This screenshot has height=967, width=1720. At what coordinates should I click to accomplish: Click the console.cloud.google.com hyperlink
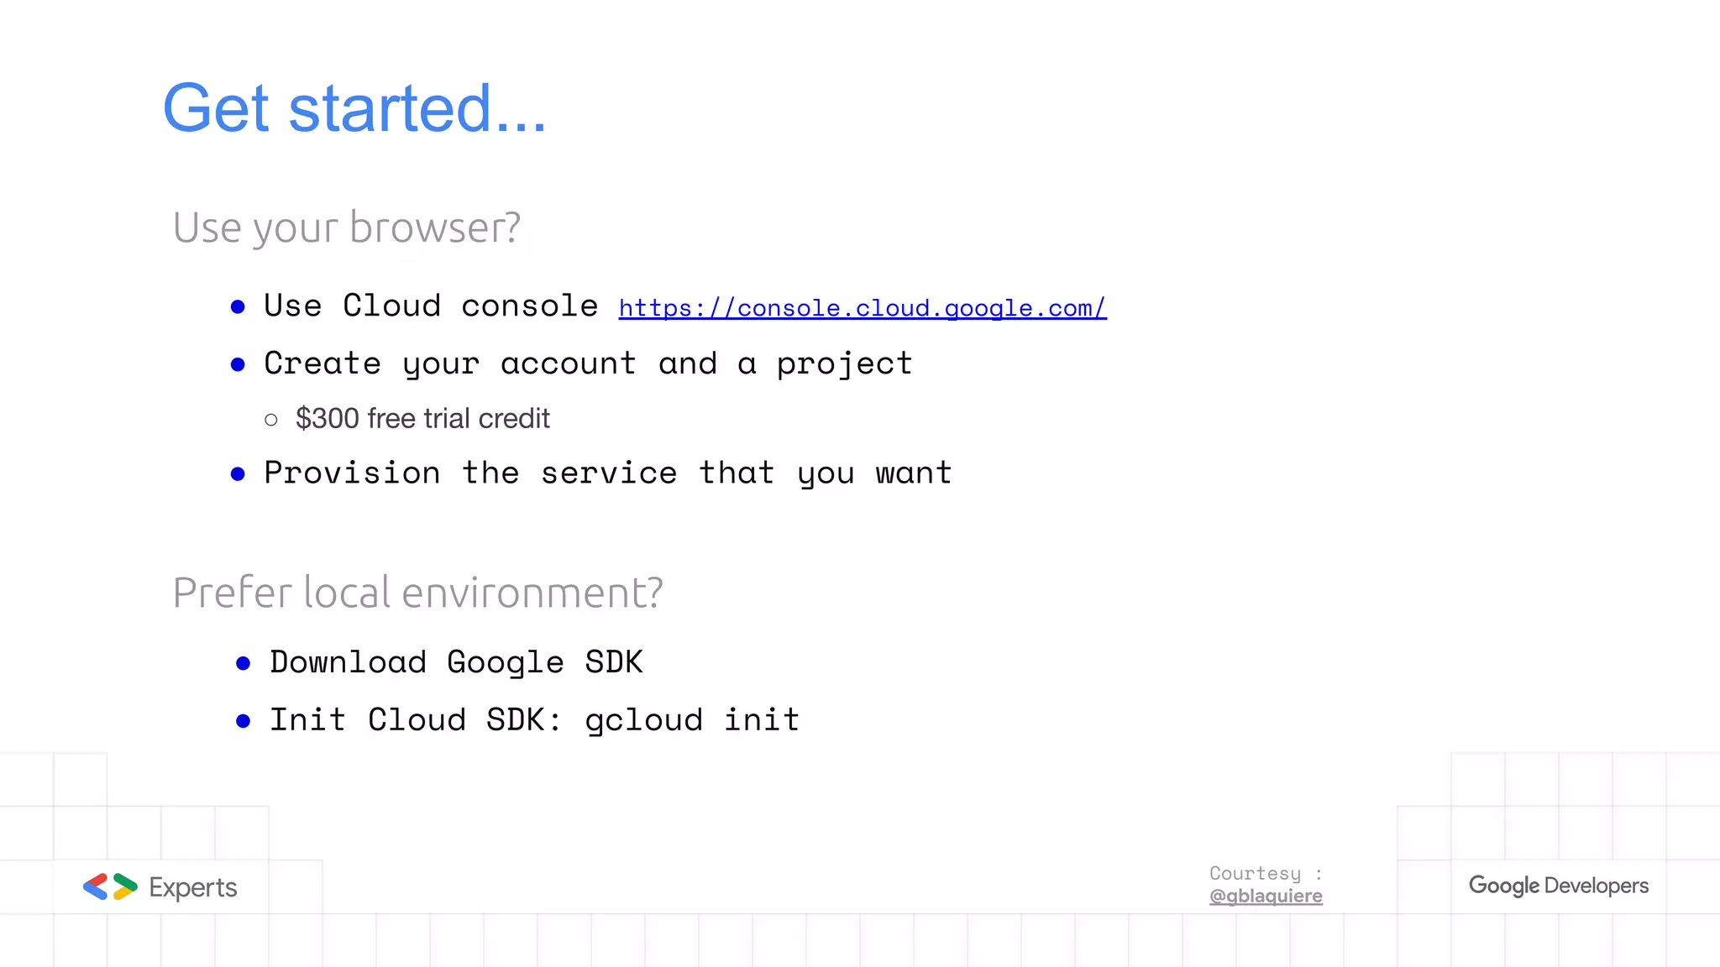click(x=862, y=308)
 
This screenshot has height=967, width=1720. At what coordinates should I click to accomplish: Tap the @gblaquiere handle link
click(x=1266, y=896)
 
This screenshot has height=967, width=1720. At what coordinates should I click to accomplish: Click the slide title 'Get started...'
click(x=354, y=108)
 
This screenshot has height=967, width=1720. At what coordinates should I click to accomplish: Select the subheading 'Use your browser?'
click(x=347, y=227)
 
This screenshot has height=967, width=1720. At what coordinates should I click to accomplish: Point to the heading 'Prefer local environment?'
click(x=417, y=593)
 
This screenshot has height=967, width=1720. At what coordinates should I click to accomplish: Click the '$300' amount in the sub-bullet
click(x=327, y=418)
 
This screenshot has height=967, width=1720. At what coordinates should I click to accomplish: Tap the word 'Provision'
click(x=352, y=473)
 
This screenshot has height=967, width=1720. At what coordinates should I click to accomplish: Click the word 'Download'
click(x=348, y=662)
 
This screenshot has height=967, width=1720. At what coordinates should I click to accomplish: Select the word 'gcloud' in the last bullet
click(x=643, y=720)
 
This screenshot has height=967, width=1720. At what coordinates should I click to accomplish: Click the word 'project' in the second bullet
click(x=844, y=364)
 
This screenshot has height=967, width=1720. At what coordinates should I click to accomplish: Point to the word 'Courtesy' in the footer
click(x=1255, y=874)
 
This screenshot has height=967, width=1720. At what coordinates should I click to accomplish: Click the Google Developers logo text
click(x=1558, y=886)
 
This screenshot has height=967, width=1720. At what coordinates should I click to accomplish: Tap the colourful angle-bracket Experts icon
click(x=110, y=886)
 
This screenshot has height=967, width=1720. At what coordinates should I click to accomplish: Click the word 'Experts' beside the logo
click(x=193, y=887)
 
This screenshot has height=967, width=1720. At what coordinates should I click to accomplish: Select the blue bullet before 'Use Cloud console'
click(x=238, y=307)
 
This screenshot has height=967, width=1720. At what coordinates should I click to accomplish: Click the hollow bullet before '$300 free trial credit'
click(x=270, y=419)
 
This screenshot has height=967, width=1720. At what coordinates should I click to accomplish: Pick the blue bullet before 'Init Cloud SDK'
click(x=244, y=721)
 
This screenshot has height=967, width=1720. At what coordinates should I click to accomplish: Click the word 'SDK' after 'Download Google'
click(x=614, y=662)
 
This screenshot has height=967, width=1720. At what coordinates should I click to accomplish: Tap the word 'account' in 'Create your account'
click(x=568, y=364)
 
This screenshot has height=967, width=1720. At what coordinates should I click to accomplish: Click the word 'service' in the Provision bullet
click(x=609, y=473)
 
